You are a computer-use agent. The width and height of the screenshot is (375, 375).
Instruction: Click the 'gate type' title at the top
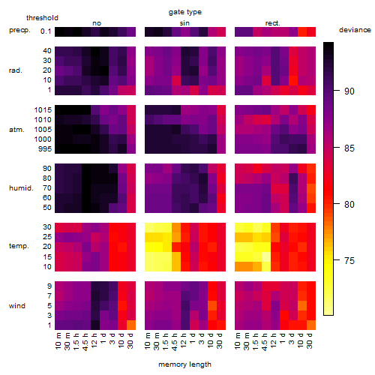tap(185, 12)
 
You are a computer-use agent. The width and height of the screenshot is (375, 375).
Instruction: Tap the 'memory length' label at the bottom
tap(184, 364)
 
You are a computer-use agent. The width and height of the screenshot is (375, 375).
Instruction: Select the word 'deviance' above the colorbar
tap(355, 30)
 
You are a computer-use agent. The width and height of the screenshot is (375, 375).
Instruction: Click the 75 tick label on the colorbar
tap(349, 261)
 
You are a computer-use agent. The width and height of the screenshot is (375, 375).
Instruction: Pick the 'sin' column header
tap(184, 23)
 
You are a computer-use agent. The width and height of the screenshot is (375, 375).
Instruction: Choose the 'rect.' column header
tap(272, 23)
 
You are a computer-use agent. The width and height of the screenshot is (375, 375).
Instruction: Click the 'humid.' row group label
tap(21, 188)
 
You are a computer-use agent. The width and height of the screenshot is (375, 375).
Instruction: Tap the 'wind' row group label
tap(17, 306)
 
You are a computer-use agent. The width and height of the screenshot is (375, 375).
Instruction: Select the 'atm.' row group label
tap(16, 130)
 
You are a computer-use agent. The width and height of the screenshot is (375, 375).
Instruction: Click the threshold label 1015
tap(43, 110)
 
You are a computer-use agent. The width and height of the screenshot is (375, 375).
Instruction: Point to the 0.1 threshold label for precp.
tap(46, 31)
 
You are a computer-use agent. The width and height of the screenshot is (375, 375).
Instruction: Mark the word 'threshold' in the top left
tap(42, 18)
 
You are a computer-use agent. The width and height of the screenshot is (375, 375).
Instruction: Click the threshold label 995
tap(45, 149)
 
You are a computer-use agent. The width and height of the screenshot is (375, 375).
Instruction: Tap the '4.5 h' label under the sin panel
tap(175, 341)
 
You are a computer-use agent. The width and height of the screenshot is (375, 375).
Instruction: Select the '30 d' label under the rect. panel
tap(310, 340)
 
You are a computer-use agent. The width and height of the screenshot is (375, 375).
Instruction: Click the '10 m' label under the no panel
tap(58, 340)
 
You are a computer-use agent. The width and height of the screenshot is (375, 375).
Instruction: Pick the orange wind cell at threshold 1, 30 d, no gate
tap(131, 325)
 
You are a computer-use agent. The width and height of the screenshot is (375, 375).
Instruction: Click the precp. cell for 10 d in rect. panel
tap(302, 31)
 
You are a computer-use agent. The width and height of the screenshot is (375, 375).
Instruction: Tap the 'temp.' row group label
tap(19, 246)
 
